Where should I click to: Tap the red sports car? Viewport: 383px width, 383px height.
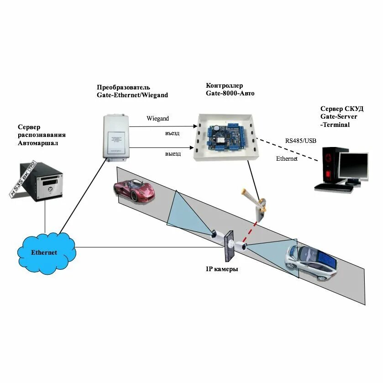coord(134,191)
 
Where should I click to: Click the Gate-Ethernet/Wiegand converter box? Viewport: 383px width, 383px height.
coord(115,136)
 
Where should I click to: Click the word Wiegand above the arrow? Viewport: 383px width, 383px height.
coord(157,118)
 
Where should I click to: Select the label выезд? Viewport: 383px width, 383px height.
coord(173,154)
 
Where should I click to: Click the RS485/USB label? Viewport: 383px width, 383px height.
coord(301,141)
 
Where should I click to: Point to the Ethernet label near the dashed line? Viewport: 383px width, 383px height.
coord(287,158)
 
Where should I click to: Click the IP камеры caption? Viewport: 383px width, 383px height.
coord(222,269)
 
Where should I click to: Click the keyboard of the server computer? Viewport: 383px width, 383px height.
coord(329,187)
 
